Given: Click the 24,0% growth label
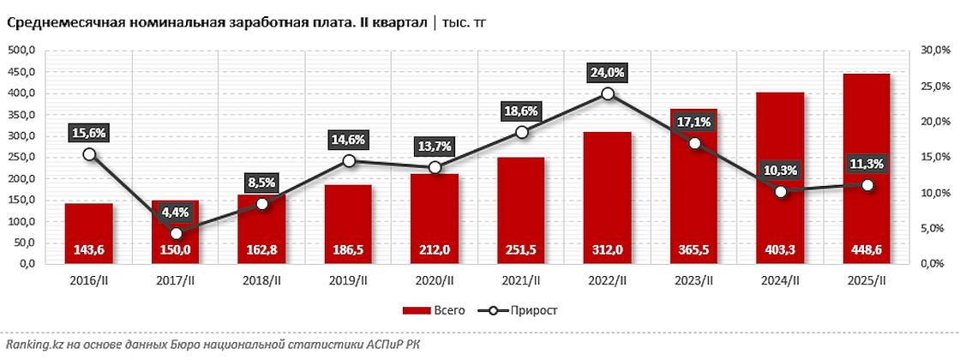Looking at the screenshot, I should [x=607, y=72].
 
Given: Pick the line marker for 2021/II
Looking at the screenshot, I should [x=521, y=132].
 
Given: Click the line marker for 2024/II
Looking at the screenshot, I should [x=780, y=191].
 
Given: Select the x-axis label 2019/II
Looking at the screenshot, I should [x=348, y=280].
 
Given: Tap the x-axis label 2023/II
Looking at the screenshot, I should [x=693, y=280].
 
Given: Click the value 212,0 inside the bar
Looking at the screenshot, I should [x=435, y=251].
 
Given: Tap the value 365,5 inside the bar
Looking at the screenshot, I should [x=693, y=251].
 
